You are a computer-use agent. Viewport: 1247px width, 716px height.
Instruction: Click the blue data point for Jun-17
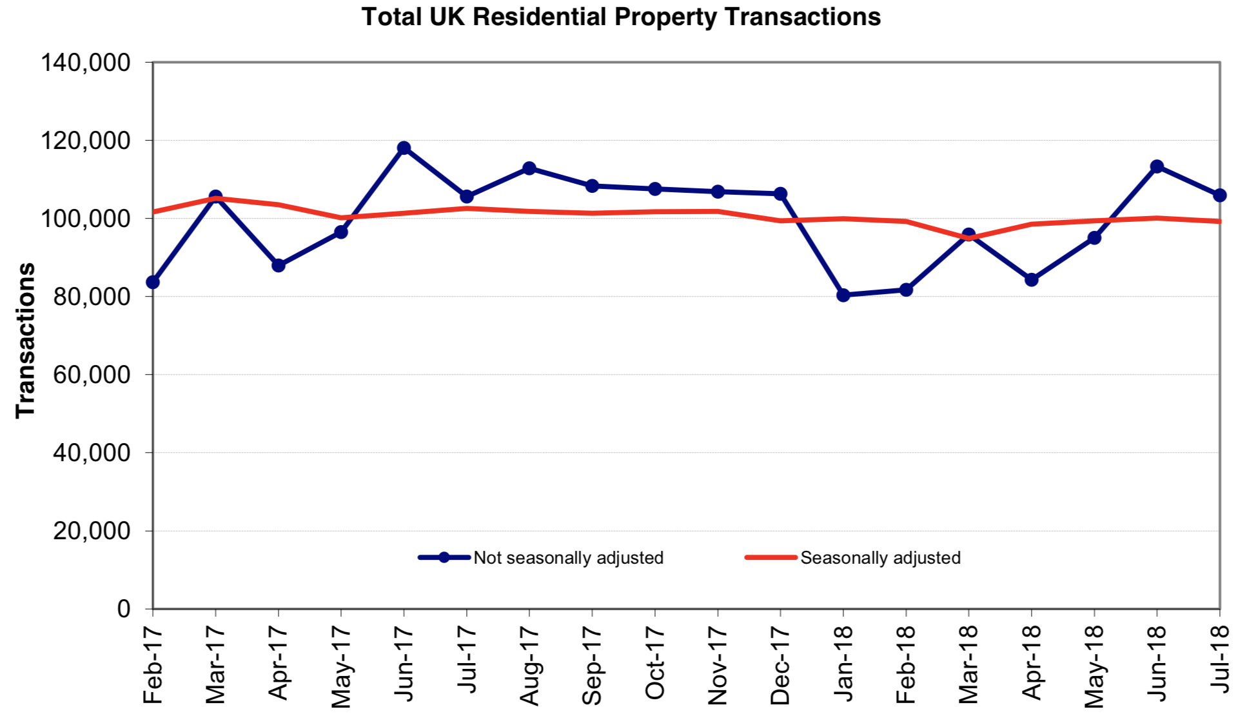(x=404, y=148)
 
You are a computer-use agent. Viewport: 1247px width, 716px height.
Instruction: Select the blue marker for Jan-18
(x=843, y=295)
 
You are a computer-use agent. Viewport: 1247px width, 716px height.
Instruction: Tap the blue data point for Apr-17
(x=279, y=265)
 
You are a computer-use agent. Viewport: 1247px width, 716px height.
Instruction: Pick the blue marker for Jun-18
(x=1157, y=166)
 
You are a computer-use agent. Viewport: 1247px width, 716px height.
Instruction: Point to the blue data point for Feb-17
(x=153, y=282)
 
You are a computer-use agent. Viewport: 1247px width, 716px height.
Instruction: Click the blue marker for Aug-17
(x=529, y=168)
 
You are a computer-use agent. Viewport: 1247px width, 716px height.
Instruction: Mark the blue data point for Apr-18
(x=1032, y=279)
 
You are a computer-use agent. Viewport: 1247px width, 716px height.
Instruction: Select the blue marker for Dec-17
(x=780, y=194)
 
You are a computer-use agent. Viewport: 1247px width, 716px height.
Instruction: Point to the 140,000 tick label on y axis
(x=86, y=63)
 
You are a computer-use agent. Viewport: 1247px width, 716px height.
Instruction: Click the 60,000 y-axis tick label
(x=92, y=375)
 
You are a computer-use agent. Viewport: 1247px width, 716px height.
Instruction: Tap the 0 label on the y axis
(x=124, y=608)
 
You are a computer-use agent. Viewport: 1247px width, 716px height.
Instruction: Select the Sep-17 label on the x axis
(x=592, y=665)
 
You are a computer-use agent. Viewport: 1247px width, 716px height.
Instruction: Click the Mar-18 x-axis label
(x=968, y=664)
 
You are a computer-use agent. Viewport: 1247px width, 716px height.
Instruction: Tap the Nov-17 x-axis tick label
(x=718, y=665)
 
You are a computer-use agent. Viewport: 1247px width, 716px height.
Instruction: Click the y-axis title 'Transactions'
(x=26, y=340)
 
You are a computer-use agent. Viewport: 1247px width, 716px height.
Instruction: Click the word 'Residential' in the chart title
(x=539, y=17)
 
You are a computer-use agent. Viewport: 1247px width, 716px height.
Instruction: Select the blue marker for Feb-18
(x=906, y=290)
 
